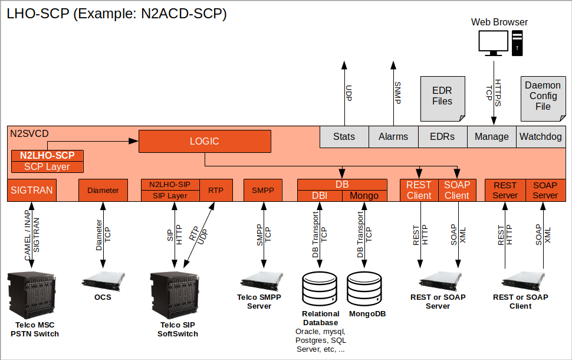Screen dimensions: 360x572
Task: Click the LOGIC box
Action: point(205,142)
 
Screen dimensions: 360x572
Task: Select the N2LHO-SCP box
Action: point(47,156)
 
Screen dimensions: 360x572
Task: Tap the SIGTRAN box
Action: point(32,190)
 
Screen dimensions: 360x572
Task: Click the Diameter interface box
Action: point(103,190)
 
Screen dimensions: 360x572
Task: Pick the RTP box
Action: point(215,190)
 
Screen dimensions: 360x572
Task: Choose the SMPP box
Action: point(264,190)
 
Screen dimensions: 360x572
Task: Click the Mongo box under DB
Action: point(364,195)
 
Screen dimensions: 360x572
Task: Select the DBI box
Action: point(320,195)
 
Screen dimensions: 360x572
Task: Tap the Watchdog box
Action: point(540,136)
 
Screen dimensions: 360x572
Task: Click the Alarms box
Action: point(393,136)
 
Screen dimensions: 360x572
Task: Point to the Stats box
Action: point(344,136)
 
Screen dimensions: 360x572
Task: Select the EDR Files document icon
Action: point(442,96)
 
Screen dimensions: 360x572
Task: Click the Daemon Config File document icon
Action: point(543,96)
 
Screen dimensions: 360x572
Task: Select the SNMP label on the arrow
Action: point(397,93)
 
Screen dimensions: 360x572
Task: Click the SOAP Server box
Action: point(545,190)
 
